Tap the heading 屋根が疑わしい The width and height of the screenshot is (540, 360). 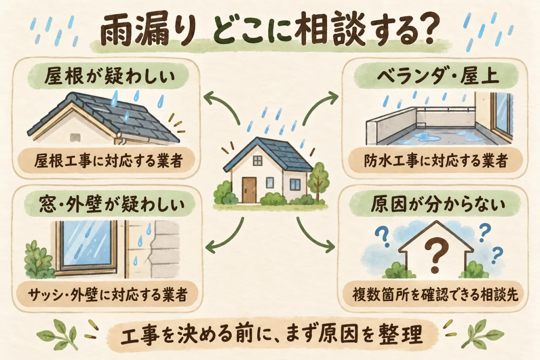(110, 78)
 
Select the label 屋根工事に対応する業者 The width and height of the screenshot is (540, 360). (108, 160)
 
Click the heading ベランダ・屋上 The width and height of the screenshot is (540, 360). (435, 77)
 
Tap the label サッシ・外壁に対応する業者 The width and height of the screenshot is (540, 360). (108, 294)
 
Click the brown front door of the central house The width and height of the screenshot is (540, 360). (249, 190)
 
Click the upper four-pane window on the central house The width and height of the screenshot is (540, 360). (257, 161)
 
